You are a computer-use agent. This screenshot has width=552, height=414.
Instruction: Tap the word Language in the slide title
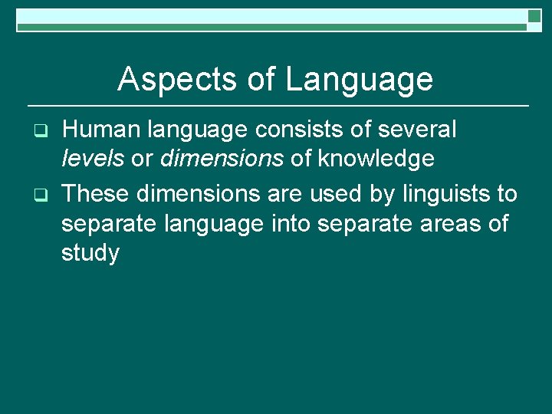(x=359, y=80)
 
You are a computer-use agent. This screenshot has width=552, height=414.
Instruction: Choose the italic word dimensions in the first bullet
(x=222, y=159)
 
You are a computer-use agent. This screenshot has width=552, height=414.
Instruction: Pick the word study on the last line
(x=90, y=254)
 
